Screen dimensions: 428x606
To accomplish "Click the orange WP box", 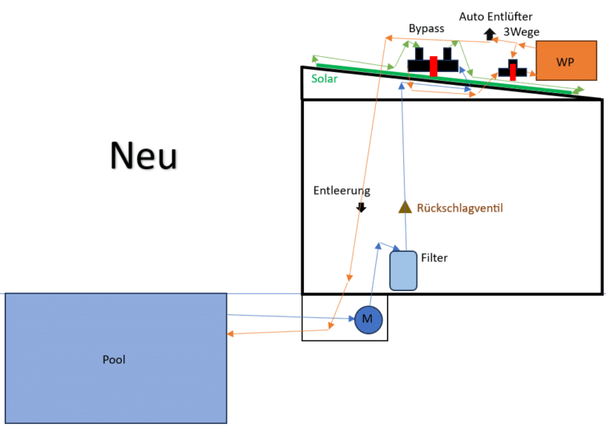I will pyautogui.click(x=566, y=60).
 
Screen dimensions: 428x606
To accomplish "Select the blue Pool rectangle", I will pyautogui.click(x=115, y=357).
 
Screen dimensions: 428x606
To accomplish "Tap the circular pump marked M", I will pyautogui.click(x=368, y=319).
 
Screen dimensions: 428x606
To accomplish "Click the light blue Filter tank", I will pyautogui.click(x=403, y=270).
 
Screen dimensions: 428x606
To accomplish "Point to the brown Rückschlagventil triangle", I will pyautogui.click(x=405, y=207).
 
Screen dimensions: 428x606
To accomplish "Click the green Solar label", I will pyautogui.click(x=325, y=79).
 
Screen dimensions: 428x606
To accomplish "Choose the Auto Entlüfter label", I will pyautogui.click(x=495, y=16).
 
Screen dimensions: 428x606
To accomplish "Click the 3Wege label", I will pyautogui.click(x=521, y=32).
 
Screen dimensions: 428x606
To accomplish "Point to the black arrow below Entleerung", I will pyautogui.click(x=361, y=208).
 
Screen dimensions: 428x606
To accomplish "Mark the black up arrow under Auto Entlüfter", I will pyautogui.click(x=489, y=34).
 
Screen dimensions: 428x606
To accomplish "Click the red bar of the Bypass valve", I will pyautogui.click(x=433, y=66).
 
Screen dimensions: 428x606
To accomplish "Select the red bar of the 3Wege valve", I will pyautogui.click(x=511, y=70).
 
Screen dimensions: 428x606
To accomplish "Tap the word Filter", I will pyautogui.click(x=434, y=258).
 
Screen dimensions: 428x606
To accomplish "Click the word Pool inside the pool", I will pyautogui.click(x=115, y=359).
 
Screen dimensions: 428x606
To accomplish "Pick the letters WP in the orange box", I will pyautogui.click(x=565, y=63).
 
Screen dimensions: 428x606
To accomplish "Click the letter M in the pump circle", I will pyautogui.click(x=368, y=319).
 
